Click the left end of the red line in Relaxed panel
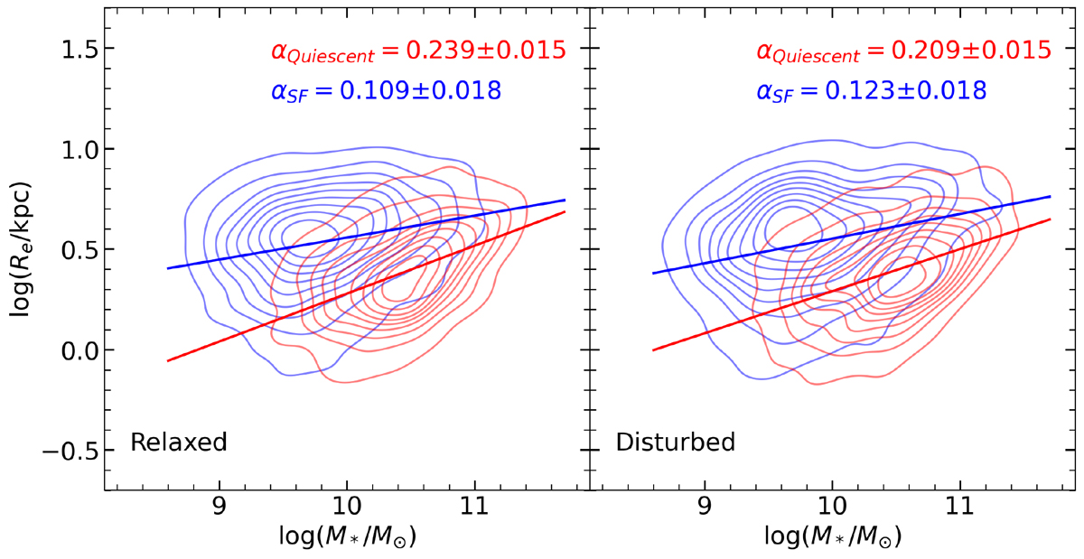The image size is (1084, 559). (168, 360)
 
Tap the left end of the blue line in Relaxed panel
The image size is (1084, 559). (168, 268)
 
